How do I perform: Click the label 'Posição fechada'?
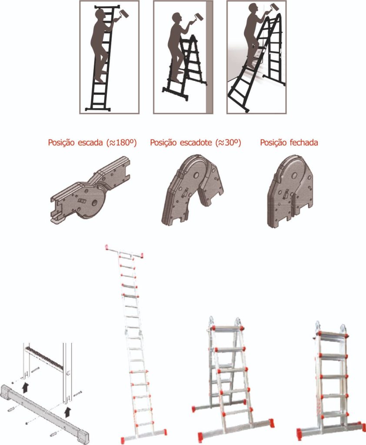point(289,143)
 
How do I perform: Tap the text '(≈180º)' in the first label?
point(122,143)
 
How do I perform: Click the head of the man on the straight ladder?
point(100,14)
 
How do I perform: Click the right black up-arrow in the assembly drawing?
point(67,412)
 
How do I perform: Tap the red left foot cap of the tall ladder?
point(123,440)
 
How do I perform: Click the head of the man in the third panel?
point(253,8)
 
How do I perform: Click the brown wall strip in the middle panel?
point(209,57)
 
